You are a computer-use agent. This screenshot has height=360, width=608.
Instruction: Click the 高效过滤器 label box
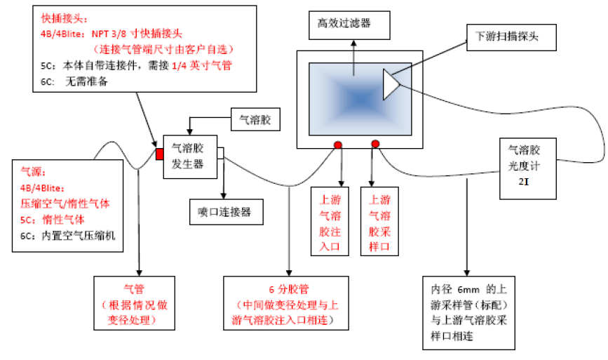click(x=344, y=24)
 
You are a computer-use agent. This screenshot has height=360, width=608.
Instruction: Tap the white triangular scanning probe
click(x=390, y=84)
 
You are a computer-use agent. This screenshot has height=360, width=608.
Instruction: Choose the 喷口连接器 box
click(x=226, y=211)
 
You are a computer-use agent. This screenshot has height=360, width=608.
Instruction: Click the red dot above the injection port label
click(x=338, y=145)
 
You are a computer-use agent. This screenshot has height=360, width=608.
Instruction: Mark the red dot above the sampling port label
click(x=375, y=145)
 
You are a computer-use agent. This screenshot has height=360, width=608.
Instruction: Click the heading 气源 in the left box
click(x=32, y=171)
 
